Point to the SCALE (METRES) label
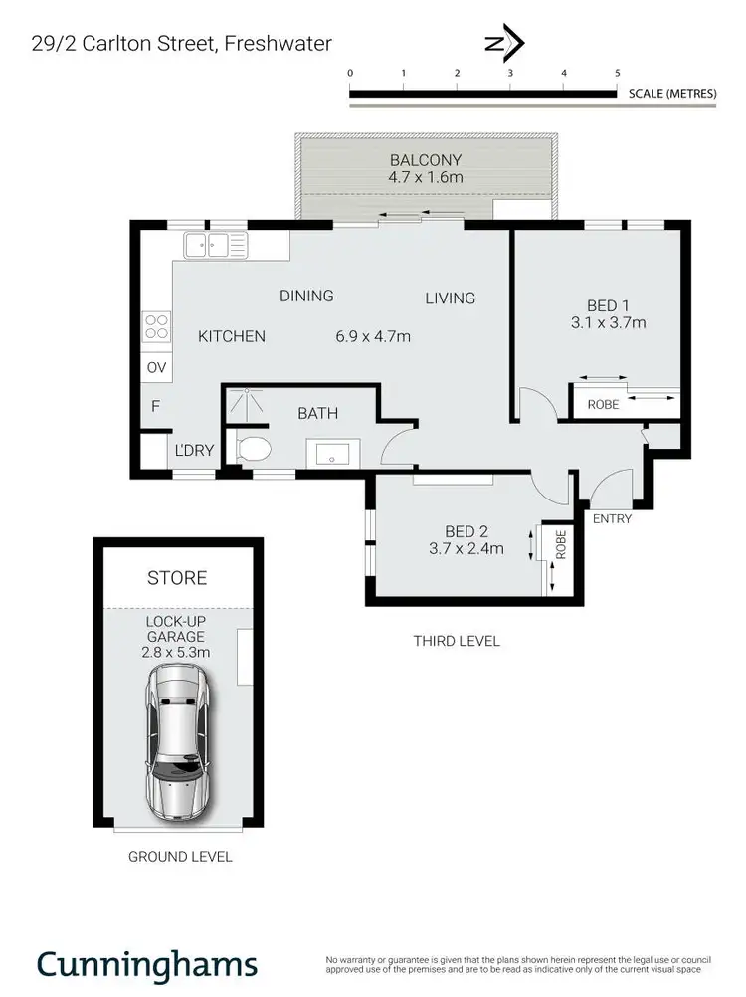click(x=672, y=94)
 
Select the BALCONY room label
click(x=426, y=160)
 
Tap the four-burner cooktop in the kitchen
click(x=157, y=326)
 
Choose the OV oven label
click(x=156, y=368)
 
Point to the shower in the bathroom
click(x=242, y=406)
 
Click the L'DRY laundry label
click(x=195, y=451)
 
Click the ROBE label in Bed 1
click(x=603, y=405)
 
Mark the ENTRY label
click(x=612, y=518)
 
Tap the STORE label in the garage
click(x=177, y=578)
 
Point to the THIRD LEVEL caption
click(x=457, y=641)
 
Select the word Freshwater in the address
click(x=278, y=43)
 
